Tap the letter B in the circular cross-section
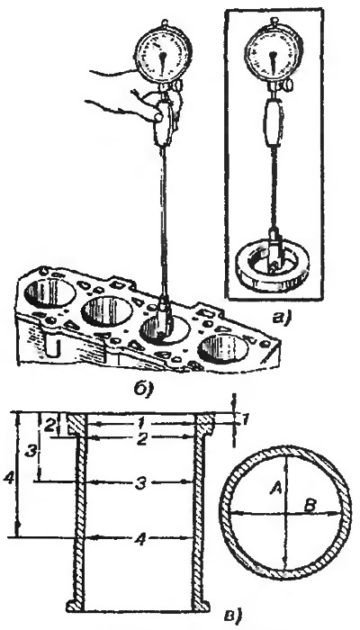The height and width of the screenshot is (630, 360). point(310,506)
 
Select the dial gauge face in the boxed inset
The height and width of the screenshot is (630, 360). point(273,52)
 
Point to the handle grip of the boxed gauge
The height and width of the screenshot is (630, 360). point(272,123)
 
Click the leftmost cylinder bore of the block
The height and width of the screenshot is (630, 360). point(49,292)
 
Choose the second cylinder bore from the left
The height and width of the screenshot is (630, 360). point(107,311)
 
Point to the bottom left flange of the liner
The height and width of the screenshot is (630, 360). point(76,604)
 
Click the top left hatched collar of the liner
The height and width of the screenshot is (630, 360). point(76,424)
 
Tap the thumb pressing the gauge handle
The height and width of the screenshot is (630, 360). point(157,117)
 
